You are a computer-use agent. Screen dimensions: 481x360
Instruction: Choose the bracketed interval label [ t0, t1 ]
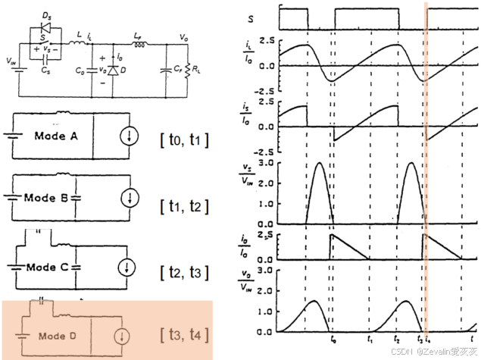(x=184, y=139)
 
